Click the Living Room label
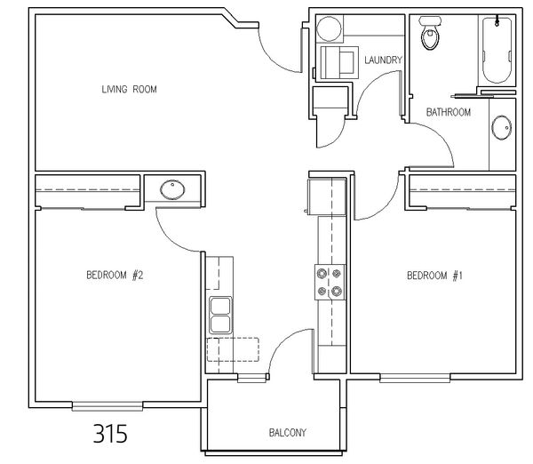(129, 90)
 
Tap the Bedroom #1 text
(434, 276)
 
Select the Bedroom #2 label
(115, 275)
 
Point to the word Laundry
(383, 60)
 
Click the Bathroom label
(449, 112)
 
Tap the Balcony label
(288, 433)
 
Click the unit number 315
(110, 434)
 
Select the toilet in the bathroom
(430, 33)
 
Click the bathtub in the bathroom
(497, 50)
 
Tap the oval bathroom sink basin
(501, 128)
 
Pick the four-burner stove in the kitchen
(330, 283)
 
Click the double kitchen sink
(220, 315)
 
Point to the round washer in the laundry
(329, 28)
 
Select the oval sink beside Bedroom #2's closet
(172, 190)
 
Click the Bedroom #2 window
(107, 406)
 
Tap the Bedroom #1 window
(415, 378)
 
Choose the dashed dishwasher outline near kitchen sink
(233, 349)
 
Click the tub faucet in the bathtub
(497, 21)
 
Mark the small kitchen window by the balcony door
(251, 378)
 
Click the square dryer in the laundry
(339, 62)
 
